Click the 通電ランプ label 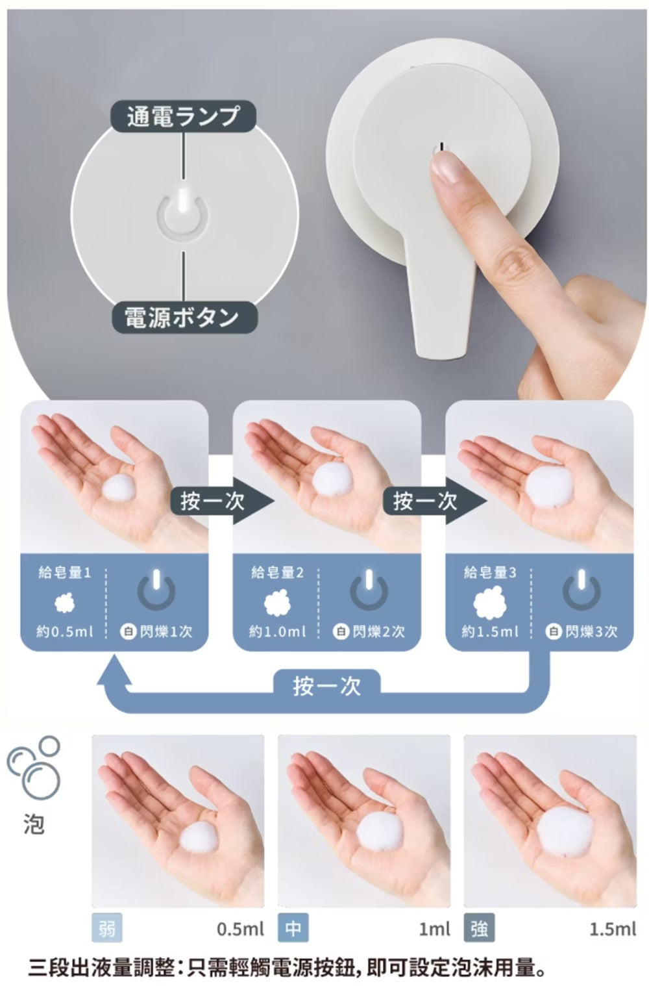(184, 116)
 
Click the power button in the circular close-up (184, 215)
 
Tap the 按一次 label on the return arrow (326, 687)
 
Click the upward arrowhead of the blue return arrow (114, 670)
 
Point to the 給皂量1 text (65, 573)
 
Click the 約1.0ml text (277, 631)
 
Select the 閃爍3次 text (591, 631)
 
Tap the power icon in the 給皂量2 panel (369, 589)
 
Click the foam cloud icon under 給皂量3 (489, 602)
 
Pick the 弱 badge (107, 929)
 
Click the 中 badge (293, 929)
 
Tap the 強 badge (479, 929)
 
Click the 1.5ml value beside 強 (613, 929)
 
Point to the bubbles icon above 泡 (33, 767)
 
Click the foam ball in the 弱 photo (199, 839)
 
